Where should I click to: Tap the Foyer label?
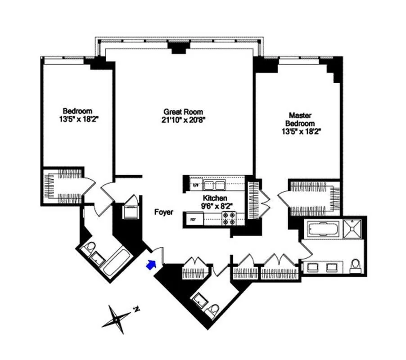pyautogui.click(x=163, y=212)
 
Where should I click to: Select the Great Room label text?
pyautogui.click(x=183, y=112)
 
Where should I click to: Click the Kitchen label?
pyautogui.click(x=214, y=198)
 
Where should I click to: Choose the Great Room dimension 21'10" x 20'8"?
pyautogui.click(x=183, y=120)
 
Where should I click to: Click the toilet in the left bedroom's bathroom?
pyautogui.click(x=90, y=247)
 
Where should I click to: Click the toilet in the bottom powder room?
pyautogui.click(x=213, y=310)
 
